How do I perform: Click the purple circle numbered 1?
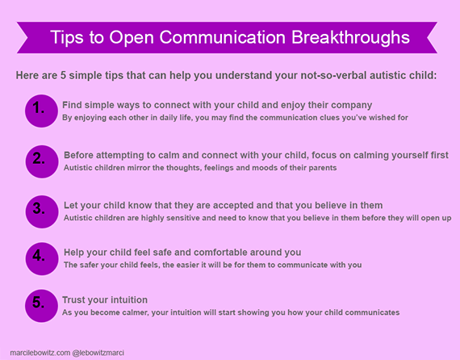point(41,111)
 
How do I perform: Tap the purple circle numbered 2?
point(42,161)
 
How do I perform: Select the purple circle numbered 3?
point(42,211)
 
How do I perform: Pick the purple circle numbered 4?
point(42,259)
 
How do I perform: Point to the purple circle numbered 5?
point(41,306)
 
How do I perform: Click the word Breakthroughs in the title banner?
point(350,38)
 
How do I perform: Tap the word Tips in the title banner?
point(67,38)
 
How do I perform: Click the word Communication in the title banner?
point(223,37)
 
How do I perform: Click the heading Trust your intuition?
point(105,299)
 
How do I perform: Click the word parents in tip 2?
point(323,168)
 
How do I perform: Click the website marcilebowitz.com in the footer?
point(40,353)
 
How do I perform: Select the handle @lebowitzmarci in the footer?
point(98,353)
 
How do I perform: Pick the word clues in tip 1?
point(314,118)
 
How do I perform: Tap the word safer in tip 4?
point(88,265)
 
